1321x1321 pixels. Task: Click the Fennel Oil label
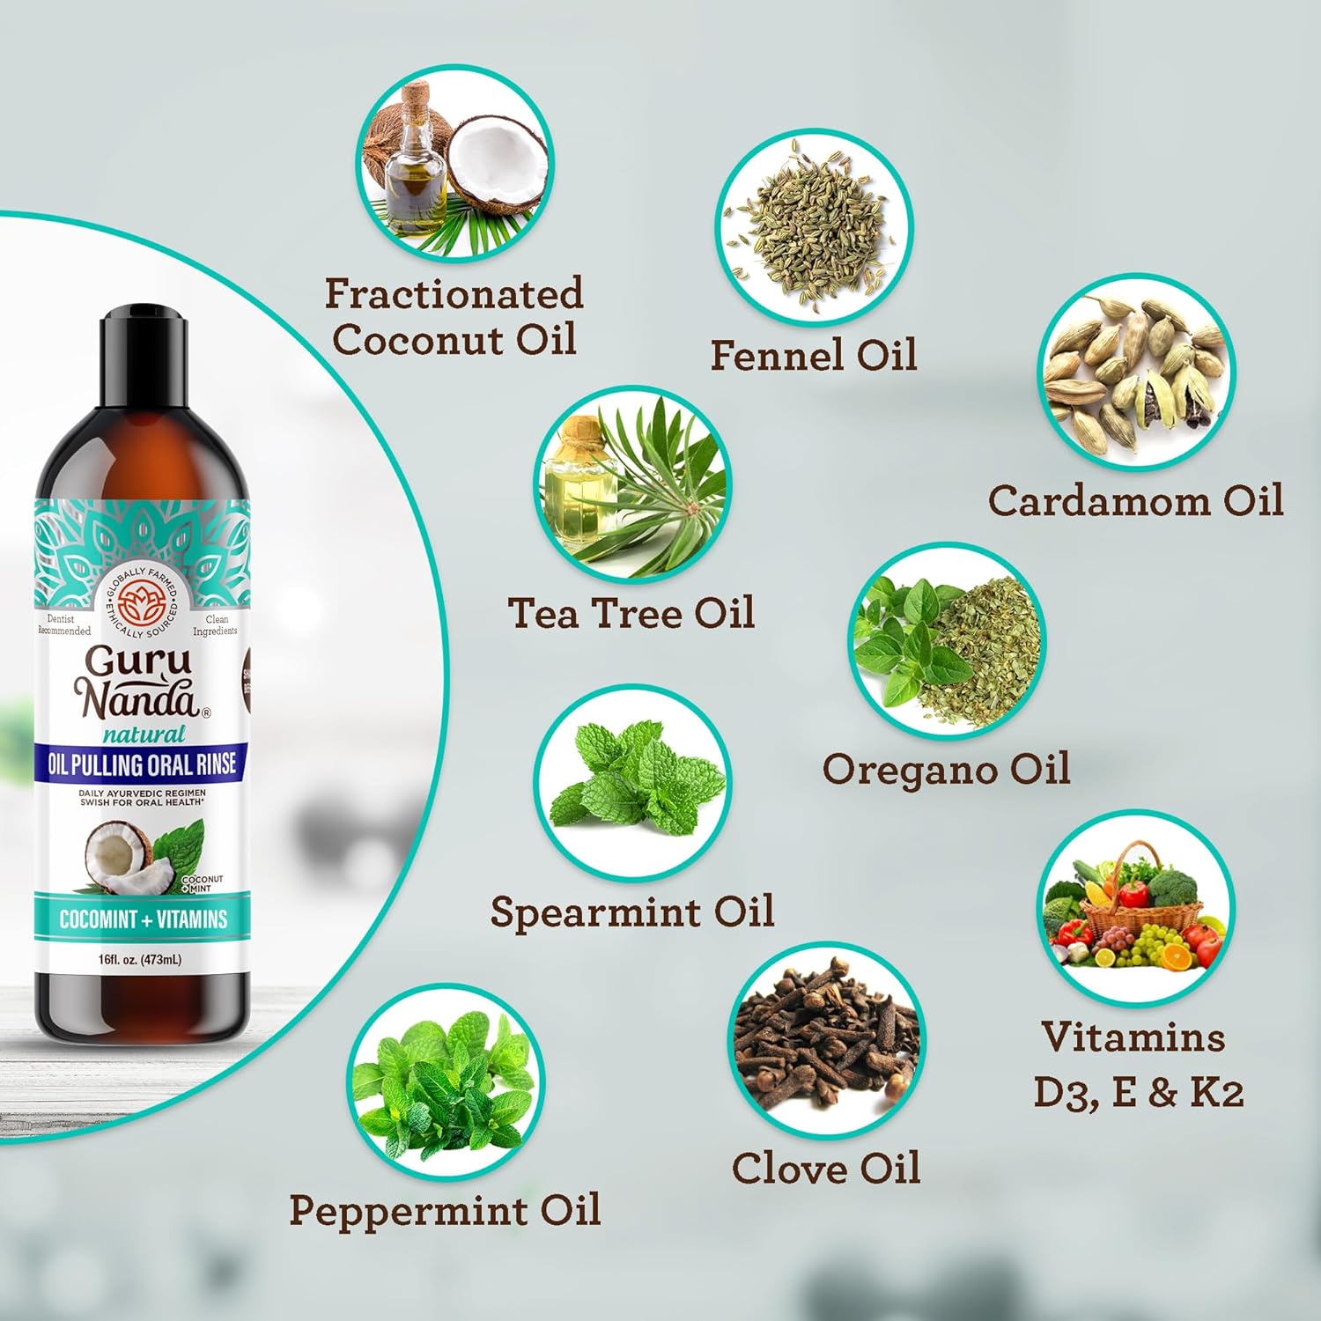[x=813, y=355]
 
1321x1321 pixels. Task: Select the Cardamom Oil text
[x=1135, y=500]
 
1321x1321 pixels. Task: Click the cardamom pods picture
[x=1135, y=371]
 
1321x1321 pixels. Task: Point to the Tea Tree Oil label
[x=631, y=613]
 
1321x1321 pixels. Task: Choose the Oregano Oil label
[x=946, y=768]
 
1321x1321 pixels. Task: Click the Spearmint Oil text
[x=632, y=911]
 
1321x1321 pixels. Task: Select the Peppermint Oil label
[x=445, y=1209]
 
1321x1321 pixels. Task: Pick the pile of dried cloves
[x=826, y=1039]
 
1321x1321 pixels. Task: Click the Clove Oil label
[x=826, y=1169]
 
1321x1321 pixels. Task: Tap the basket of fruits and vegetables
[x=1135, y=907]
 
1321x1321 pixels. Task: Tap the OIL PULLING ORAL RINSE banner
[x=142, y=764]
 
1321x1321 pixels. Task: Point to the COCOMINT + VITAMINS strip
[x=143, y=919]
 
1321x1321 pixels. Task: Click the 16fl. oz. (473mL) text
[x=140, y=959]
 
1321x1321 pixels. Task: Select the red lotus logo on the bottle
[x=142, y=603]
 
